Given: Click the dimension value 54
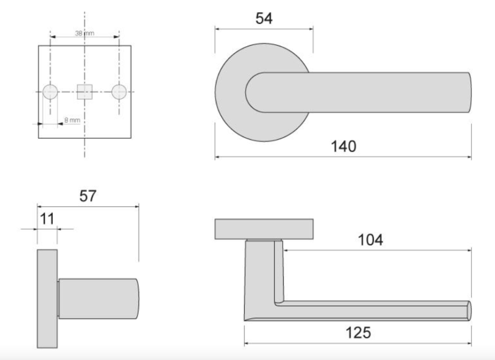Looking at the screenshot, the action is tap(264, 18).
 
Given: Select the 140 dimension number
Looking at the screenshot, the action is tap(343, 146).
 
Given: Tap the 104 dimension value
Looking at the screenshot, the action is tap(371, 240).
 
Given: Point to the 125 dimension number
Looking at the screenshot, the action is tap(358, 332).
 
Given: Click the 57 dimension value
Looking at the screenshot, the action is tap(87, 196).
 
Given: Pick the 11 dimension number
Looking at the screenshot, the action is tap(47, 219).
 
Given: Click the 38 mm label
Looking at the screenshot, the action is tap(85, 33).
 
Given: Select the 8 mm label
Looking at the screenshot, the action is tap(72, 120).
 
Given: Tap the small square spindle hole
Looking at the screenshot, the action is tap(85, 92).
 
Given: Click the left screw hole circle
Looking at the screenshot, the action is tap(50, 92).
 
